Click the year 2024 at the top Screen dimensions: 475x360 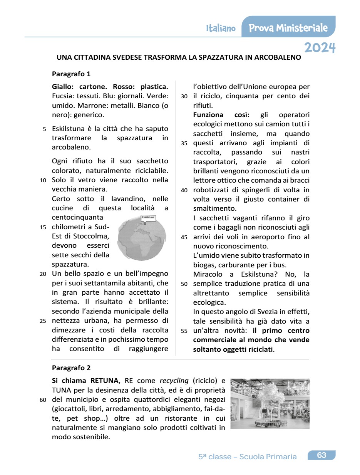320,47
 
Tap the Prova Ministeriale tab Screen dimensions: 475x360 288,28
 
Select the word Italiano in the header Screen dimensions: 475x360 221,29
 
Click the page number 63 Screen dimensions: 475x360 321,455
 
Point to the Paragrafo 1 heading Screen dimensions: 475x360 71,74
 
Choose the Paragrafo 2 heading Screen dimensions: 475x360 71,368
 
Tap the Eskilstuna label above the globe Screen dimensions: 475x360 148,218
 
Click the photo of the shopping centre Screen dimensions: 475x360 270,403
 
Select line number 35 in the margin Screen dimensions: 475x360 184,143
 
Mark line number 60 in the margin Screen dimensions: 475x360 43,399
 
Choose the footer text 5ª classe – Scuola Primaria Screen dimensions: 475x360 247,457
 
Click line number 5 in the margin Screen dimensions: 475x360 45,129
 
